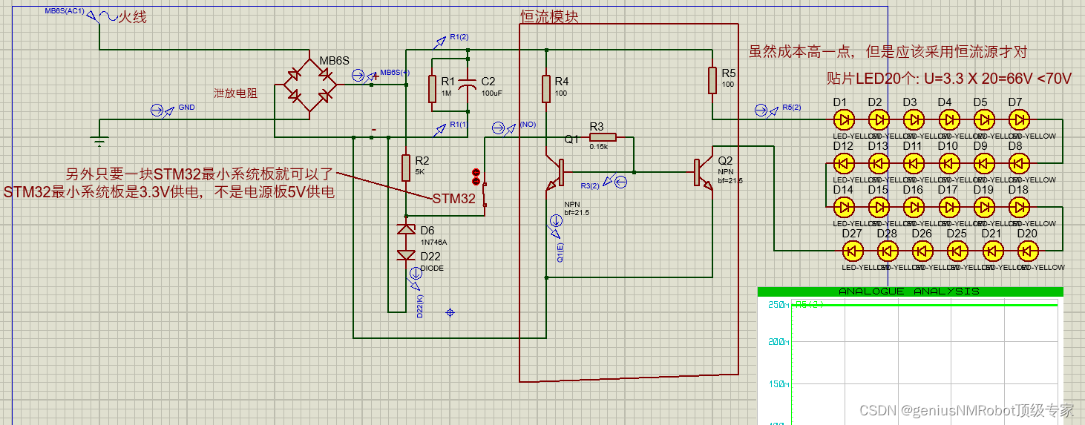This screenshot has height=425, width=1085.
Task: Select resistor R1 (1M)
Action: click(433, 89)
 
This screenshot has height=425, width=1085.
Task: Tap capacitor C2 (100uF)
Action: click(468, 87)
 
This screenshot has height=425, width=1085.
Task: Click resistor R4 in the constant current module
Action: click(546, 88)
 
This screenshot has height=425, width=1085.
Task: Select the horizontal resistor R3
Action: click(603, 137)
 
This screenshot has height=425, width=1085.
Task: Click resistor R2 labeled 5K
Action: click(406, 168)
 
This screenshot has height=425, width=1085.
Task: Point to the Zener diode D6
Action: click(406, 230)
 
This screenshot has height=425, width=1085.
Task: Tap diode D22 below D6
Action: click(406, 255)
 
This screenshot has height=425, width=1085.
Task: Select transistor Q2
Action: click(703, 172)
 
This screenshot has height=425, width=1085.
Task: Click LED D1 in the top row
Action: click(843, 119)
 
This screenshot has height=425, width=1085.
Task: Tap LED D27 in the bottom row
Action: click(852, 250)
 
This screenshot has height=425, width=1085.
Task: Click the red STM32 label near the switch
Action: click(453, 199)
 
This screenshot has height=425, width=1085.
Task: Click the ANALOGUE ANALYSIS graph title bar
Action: click(910, 291)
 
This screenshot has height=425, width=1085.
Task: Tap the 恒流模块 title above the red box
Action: click(550, 16)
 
